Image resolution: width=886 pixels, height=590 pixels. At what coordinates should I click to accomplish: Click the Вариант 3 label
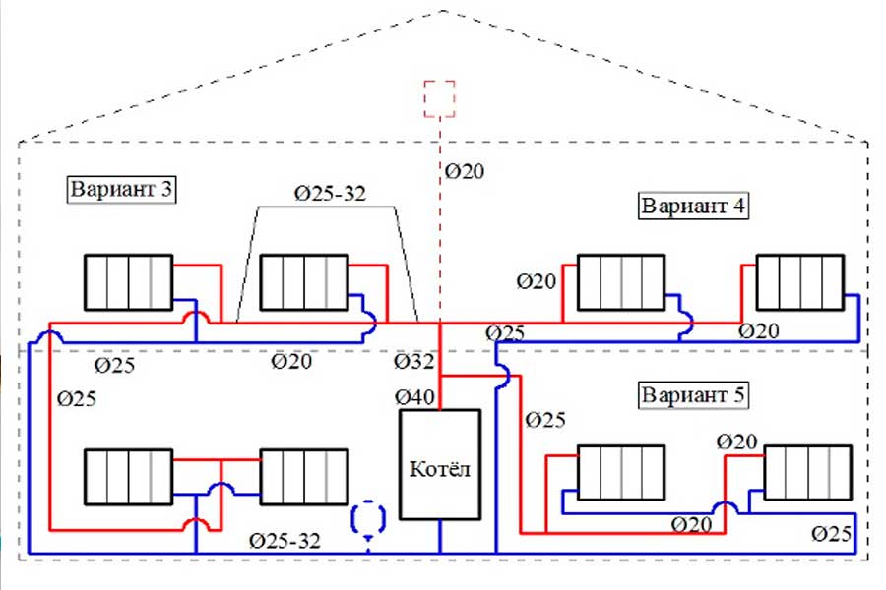click(x=121, y=188)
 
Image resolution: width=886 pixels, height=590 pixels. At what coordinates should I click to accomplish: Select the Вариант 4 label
click(x=693, y=206)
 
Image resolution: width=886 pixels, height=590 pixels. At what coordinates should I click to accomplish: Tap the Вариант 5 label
click(x=693, y=395)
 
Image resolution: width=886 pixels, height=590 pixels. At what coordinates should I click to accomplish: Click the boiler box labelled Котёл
click(x=440, y=466)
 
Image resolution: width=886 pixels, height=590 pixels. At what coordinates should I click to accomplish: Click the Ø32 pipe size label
click(x=414, y=362)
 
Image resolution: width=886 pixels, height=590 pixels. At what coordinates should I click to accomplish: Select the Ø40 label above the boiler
click(x=414, y=397)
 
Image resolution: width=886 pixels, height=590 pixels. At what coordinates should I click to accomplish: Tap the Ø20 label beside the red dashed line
click(x=465, y=171)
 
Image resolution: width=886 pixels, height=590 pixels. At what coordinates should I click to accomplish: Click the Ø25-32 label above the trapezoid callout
click(x=330, y=193)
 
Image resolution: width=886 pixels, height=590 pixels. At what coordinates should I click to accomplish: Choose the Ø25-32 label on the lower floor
click(x=285, y=540)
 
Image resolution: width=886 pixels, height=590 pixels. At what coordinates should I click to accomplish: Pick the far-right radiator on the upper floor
click(x=799, y=282)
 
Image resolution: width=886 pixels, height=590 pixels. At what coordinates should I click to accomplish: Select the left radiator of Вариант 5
click(x=620, y=472)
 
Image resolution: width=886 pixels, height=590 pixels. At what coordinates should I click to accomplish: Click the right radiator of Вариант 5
click(x=807, y=472)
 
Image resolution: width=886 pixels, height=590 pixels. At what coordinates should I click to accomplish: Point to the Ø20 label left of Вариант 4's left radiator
click(x=537, y=282)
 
